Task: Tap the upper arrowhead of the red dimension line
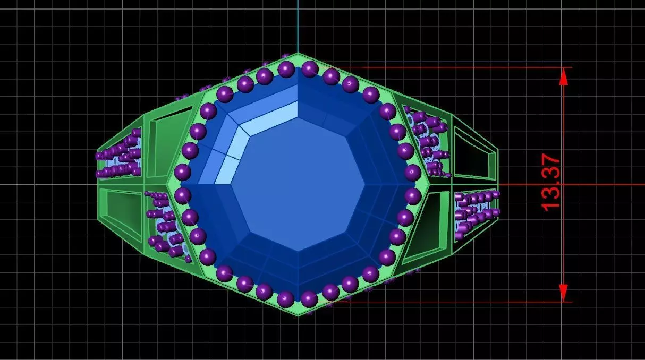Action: coord(564,76)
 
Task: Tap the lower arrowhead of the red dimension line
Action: coord(564,293)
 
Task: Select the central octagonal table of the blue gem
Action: coord(298,184)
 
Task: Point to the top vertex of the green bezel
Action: coord(298,54)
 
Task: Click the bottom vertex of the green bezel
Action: coord(298,315)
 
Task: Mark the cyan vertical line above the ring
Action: coord(298,27)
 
